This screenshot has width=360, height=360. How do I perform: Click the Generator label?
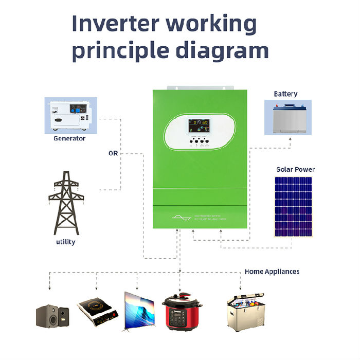click(x=69, y=138)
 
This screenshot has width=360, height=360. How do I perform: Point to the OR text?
click(x=113, y=153)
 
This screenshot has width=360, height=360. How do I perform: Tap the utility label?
click(x=66, y=242)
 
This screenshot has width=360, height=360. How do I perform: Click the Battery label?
click(x=285, y=94)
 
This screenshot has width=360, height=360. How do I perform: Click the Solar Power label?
click(x=295, y=169)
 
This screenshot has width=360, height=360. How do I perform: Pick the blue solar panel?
click(x=293, y=207)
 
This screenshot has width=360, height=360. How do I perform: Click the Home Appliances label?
click(x=272, y=272)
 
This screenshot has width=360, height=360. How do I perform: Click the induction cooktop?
click(x=97, y=310)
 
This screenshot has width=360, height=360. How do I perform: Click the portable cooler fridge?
click(x=247, y=311)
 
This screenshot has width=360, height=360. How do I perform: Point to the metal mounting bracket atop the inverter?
click(x=200, y=87)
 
